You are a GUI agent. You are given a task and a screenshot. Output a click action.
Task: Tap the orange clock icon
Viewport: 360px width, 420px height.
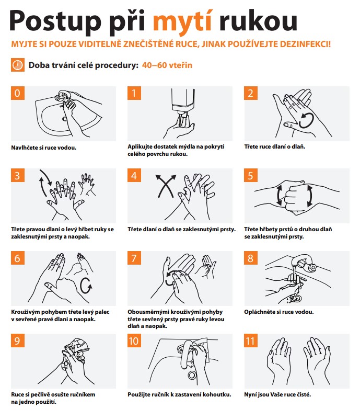tap(18, 65)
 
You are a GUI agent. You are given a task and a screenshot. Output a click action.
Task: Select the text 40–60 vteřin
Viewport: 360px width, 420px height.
tap(167, 65)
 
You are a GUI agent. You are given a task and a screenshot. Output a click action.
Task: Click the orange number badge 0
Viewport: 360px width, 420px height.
tap(18, 93)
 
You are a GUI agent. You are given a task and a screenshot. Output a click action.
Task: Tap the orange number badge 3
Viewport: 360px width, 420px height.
tap(18, 175)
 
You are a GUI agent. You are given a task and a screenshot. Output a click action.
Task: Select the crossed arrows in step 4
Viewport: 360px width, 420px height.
tap(166, 186)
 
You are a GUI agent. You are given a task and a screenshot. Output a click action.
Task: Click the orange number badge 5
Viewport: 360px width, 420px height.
tap(251, 175)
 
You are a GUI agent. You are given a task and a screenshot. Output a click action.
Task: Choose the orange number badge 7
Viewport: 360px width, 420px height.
tap(134, 258)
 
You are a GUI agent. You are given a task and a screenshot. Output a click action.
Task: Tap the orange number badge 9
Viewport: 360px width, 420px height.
tap(18, 340)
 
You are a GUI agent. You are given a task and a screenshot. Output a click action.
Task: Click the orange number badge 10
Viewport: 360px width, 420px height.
tap(134, 340)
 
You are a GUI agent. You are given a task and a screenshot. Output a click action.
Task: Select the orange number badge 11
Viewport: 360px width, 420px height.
tap(251, 340)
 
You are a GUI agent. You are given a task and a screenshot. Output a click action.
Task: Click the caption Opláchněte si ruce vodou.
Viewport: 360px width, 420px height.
tap(279, 312)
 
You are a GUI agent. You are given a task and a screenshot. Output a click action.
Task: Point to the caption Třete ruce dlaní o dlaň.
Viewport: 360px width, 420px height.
tap(275, 147)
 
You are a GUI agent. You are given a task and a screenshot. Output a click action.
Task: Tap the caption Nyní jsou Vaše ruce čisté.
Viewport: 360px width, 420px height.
tap(277, 394)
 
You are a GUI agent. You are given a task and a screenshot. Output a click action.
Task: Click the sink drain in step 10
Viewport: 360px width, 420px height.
tap(192, 374)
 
